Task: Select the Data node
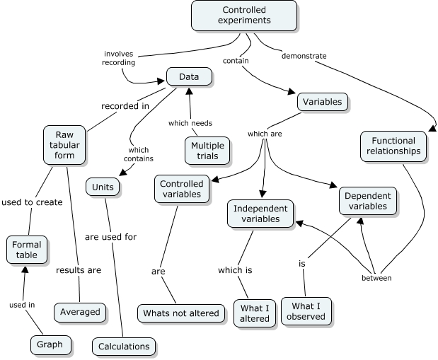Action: (x=189, y=76)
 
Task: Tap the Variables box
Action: (x=322, y=102)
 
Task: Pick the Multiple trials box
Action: (x=207, y=149)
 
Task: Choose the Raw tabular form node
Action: (x=64, y=144)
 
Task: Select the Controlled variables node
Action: (x=181, y=190)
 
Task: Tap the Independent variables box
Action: (x=260, y=214)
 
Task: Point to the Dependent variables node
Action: (x=367, y=201)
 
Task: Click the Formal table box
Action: (x=28, y=250)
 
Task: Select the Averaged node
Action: (x=80, y=311)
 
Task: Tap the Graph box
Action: (x=51, y=345)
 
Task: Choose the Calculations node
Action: (x=124, y=346)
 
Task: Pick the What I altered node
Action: (x=255, y=313)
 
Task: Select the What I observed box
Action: (x=306, y=311)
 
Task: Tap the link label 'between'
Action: (x=376, y=278)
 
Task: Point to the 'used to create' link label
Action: (x=32, y=202)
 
